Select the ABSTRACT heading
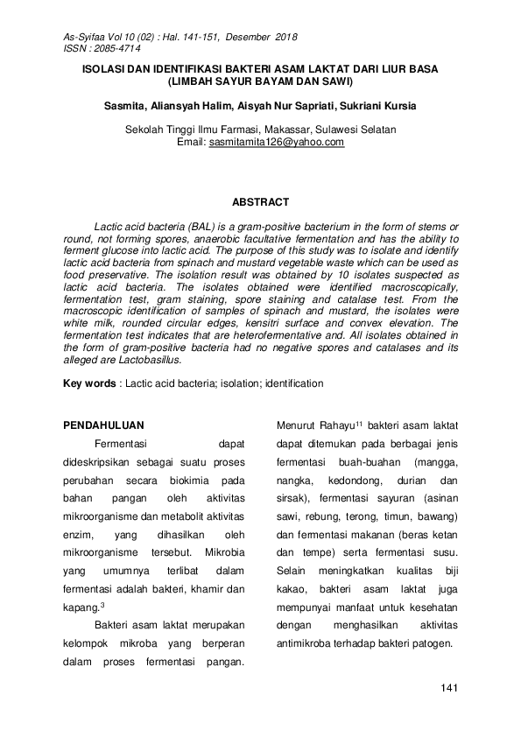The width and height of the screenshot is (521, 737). click(260, 202)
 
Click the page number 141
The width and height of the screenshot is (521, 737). click(450, 689)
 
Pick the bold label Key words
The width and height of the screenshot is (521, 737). click(89, 383)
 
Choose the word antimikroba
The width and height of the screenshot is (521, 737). click(313, 644)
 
